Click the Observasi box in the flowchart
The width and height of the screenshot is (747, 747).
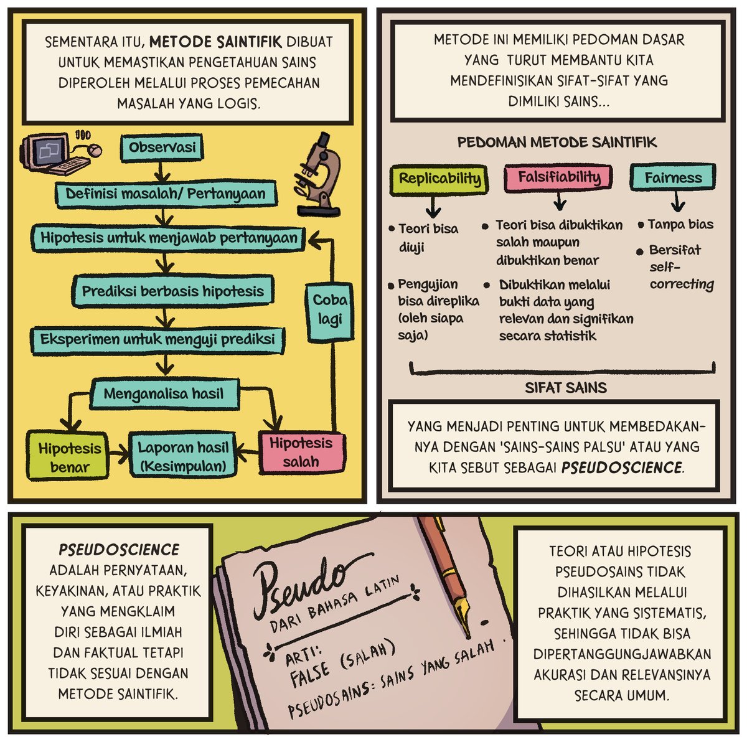pos(162,148)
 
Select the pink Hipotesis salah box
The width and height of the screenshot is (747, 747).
pos(301,453)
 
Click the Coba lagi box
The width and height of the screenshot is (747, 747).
pos(329,309)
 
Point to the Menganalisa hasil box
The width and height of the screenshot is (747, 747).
pos(164,394)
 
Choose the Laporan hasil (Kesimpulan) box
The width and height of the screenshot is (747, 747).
pos(183,456)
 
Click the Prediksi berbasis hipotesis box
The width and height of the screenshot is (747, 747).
pos(172,291)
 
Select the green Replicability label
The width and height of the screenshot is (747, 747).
pos(439,179)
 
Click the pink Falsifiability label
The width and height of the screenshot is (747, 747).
pos(559,177)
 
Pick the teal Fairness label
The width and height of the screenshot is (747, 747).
pos(673,178)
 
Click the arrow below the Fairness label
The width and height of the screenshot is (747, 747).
pos(678,202)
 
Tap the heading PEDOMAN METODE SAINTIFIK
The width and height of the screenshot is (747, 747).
pos(557,143)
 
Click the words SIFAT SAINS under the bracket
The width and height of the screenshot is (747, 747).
pos(565,388)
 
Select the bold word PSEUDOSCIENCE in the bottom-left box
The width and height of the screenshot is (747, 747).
pos(118,550)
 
